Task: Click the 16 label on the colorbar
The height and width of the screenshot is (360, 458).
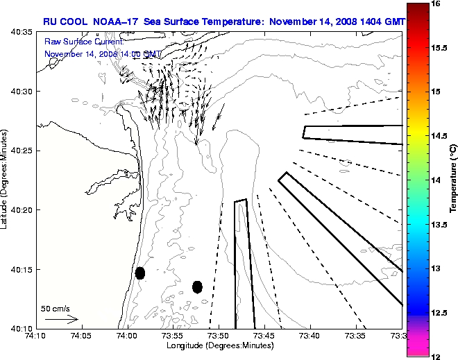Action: point(438,3)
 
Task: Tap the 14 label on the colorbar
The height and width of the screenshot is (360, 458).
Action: point(438,180)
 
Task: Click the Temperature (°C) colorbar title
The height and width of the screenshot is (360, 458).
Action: point(452,179)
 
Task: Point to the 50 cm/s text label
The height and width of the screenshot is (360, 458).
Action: point(56,309)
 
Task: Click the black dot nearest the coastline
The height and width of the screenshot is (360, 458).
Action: point(140,273)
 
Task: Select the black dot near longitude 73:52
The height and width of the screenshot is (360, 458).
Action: point(197,286)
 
